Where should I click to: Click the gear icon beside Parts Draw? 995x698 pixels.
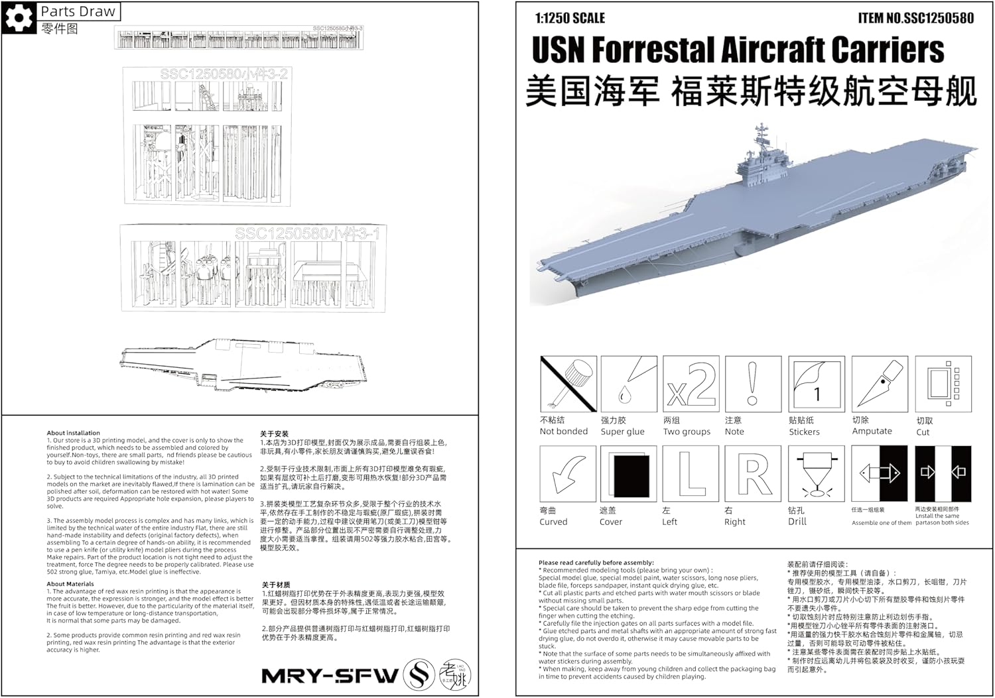[18, 18]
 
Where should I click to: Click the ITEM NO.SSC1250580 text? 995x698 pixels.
[915, 18]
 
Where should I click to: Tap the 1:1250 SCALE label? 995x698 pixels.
[570, 18]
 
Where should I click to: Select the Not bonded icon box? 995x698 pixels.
[568, 384]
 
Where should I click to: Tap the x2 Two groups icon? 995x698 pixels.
[691, 384]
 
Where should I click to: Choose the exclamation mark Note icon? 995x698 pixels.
[752, 384]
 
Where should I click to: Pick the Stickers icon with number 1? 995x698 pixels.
[816, 384]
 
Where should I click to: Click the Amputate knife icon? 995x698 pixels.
[879, 384]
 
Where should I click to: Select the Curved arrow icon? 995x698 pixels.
[568, 473]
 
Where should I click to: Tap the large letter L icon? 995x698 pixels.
[691, 473]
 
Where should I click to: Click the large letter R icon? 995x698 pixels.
[752, 473]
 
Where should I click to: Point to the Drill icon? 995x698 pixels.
[816, 473]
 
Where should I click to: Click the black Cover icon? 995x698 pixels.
[628, 473]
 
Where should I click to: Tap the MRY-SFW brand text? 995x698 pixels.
[330, 675]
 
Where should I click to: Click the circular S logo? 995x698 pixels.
[419, 675]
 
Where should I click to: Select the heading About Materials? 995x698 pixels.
[70, 584]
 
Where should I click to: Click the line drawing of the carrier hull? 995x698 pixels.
[242, 365]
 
